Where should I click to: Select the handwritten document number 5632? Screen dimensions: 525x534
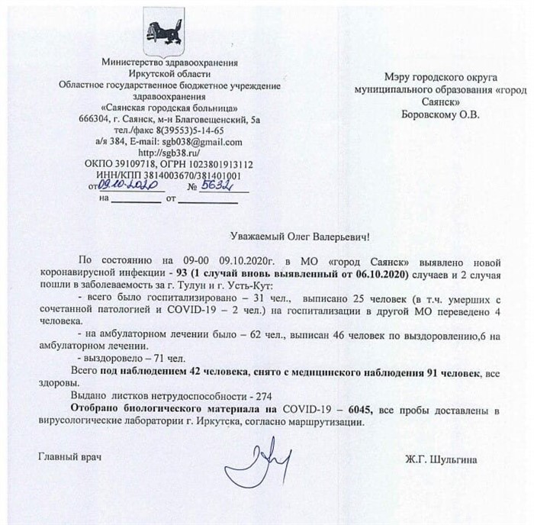coord(220,185)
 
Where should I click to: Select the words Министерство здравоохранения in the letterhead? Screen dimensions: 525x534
coord(158,62)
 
